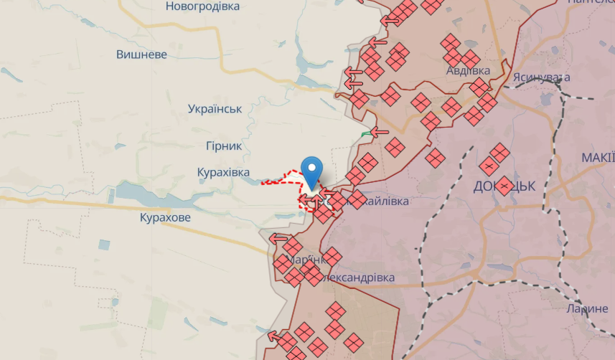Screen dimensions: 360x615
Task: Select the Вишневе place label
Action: pos(141,55)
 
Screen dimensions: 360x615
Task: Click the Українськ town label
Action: pos(215,109)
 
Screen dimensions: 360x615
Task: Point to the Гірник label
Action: pos(222,146)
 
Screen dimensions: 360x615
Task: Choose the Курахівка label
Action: pos(223,173)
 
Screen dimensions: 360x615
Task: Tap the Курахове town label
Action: pos(165,217)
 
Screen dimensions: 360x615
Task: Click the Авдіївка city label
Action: pos(468,71)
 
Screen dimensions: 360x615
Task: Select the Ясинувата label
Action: pos(541,77)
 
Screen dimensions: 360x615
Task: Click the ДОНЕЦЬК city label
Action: pos(505,186)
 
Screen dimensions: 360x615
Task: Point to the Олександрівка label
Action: pos(360,278)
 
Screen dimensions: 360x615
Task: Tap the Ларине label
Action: pos(587,309)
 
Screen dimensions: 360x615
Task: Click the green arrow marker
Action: pos(368,133)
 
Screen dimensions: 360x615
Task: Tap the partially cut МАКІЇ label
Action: pos(597,157)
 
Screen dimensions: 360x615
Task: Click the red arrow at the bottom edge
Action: pos(274,335)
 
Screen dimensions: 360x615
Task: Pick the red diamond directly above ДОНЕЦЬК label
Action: pos(499,152)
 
